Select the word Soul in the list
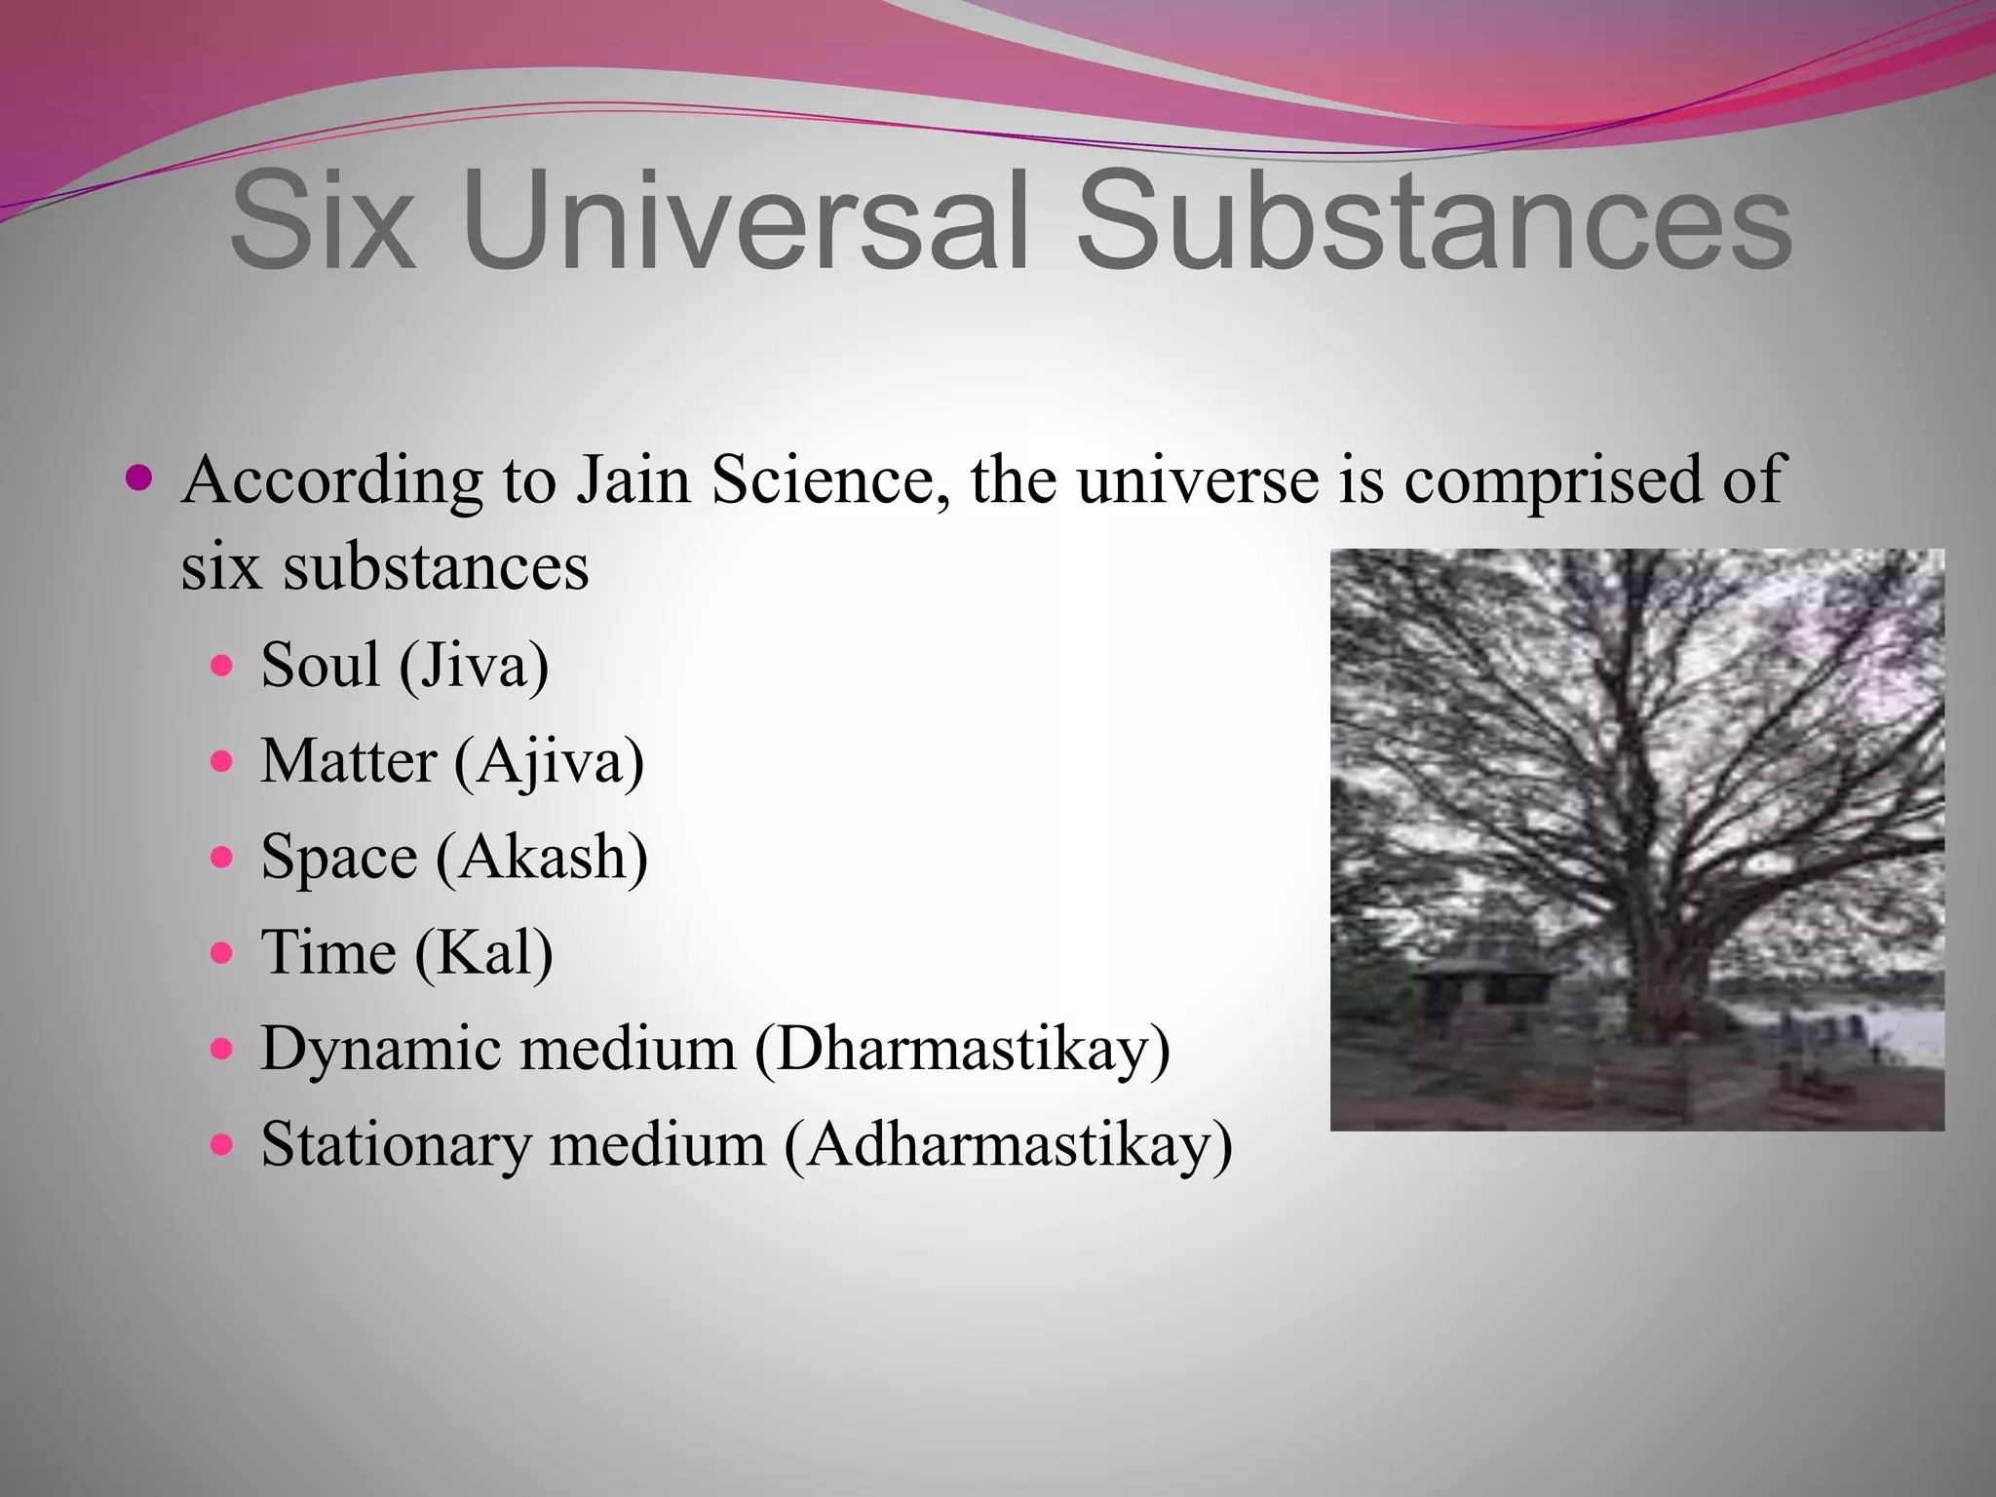(x=320, y=665)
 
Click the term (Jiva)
(x=474, y=667)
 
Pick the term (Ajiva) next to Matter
(x=549, y=762)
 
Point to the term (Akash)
(x=542, y=858)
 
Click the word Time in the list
(x=327, y=952)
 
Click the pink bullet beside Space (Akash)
(x=222, y=858)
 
